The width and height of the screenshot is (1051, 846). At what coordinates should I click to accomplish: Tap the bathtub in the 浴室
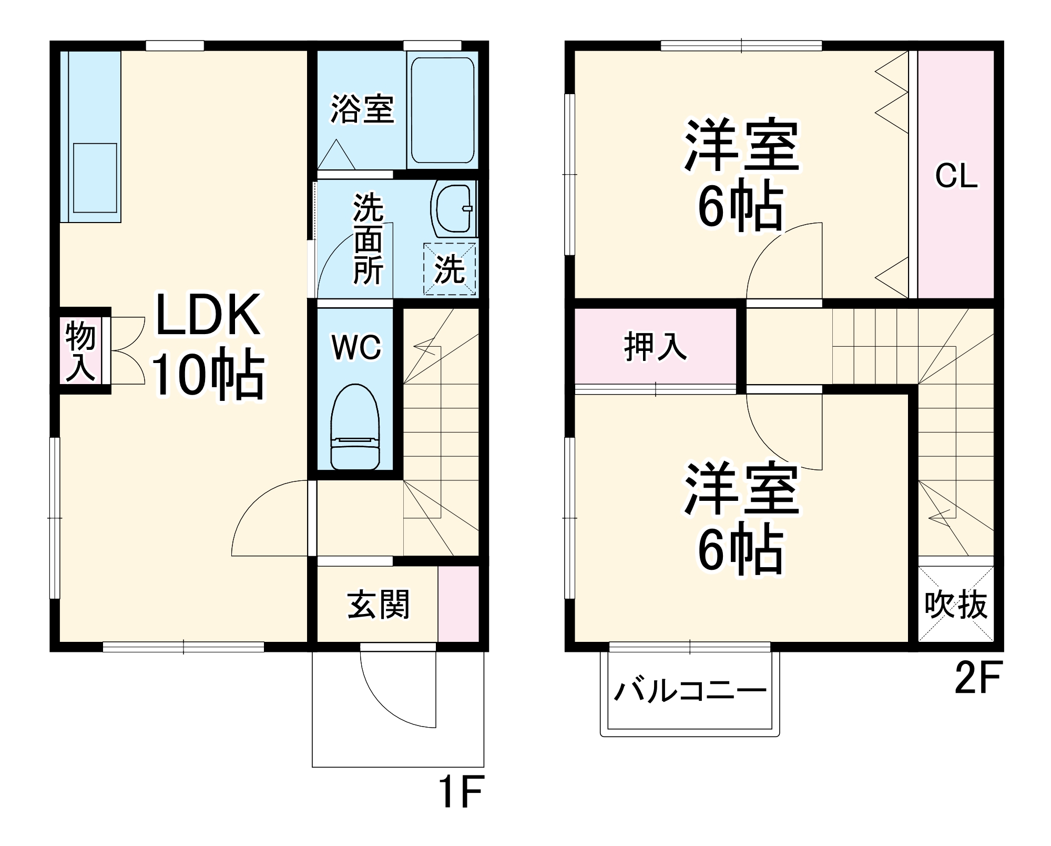[x=442, y=110]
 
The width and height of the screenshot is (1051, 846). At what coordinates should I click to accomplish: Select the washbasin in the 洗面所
[x=452, y=209]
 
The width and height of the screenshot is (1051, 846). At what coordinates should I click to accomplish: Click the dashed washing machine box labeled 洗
[x=450, y=269]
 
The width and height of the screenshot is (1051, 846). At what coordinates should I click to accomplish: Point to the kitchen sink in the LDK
[x=95, y=178]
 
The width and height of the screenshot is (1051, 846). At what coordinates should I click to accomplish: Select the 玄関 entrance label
[x=378, y=605]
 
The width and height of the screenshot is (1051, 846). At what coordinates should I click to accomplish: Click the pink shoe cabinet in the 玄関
[x=458, y=604]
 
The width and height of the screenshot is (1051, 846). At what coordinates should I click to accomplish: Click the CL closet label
[x=955, y=176]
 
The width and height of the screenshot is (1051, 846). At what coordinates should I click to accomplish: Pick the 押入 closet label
[x=655, y=347]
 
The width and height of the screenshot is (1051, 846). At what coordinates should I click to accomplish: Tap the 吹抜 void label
[x=955, y=605]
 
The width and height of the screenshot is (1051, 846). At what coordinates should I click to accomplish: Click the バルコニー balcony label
[x=690, y=691]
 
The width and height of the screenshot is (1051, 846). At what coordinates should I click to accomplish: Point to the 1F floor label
[x=460, y=792]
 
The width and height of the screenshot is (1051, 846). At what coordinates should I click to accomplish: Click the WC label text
[x=356, y=348]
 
